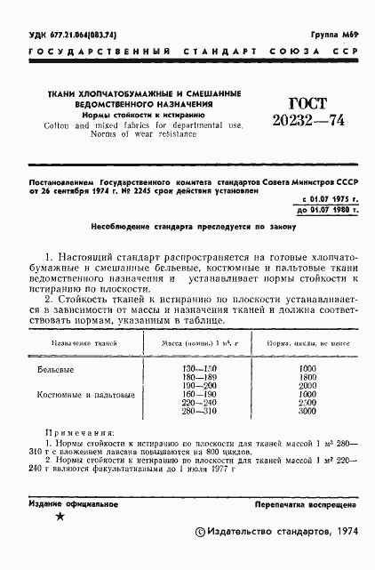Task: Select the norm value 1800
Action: tap(308, 377)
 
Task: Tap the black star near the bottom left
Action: tap(60, 517)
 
